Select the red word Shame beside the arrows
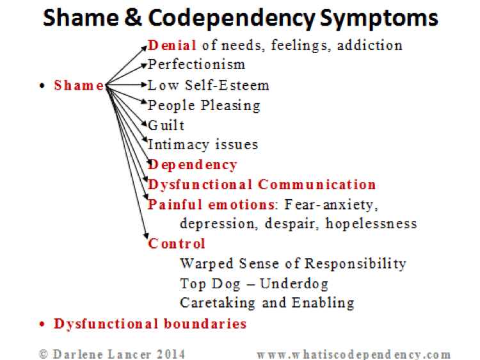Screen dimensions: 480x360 point(78,85)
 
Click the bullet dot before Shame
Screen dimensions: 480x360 point(42,86)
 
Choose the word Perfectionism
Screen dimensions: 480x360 point(196,65)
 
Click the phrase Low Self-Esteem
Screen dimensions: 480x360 point(209,85)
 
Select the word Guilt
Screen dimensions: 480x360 point(166,125)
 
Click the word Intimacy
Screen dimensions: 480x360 point(177,145)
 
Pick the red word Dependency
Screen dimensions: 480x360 point(193,165)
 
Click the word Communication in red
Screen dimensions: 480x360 point(317,184)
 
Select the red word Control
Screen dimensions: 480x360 point(177,243)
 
